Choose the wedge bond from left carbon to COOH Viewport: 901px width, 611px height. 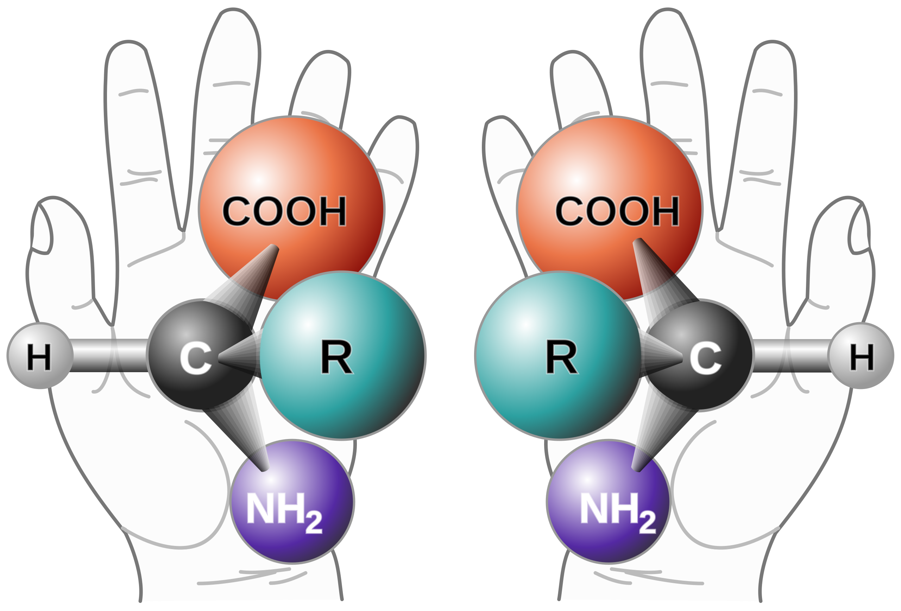point(248,279)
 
